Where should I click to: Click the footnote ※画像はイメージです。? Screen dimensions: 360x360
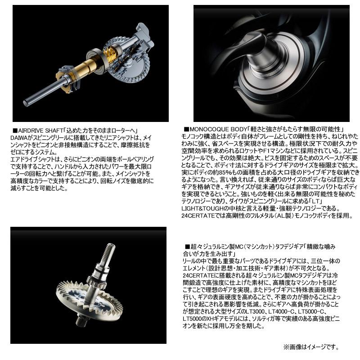pyautogui.click(x=310, y=347)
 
